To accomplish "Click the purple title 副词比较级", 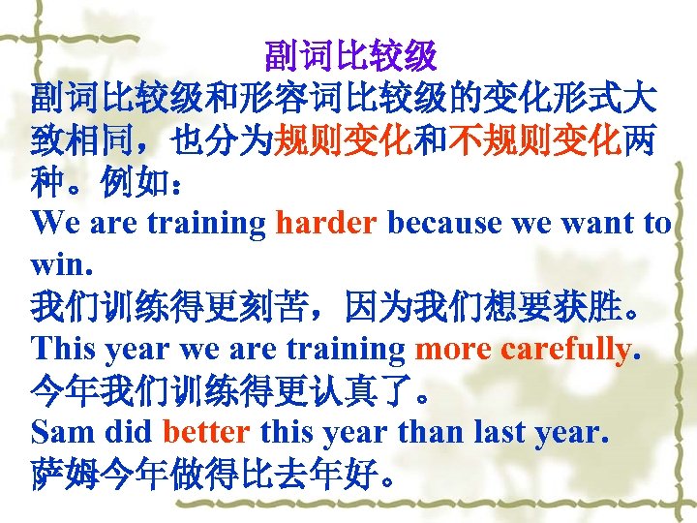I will (x=350, y=56).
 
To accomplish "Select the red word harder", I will (x=326, y=223).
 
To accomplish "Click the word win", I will (x=57, y=264).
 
